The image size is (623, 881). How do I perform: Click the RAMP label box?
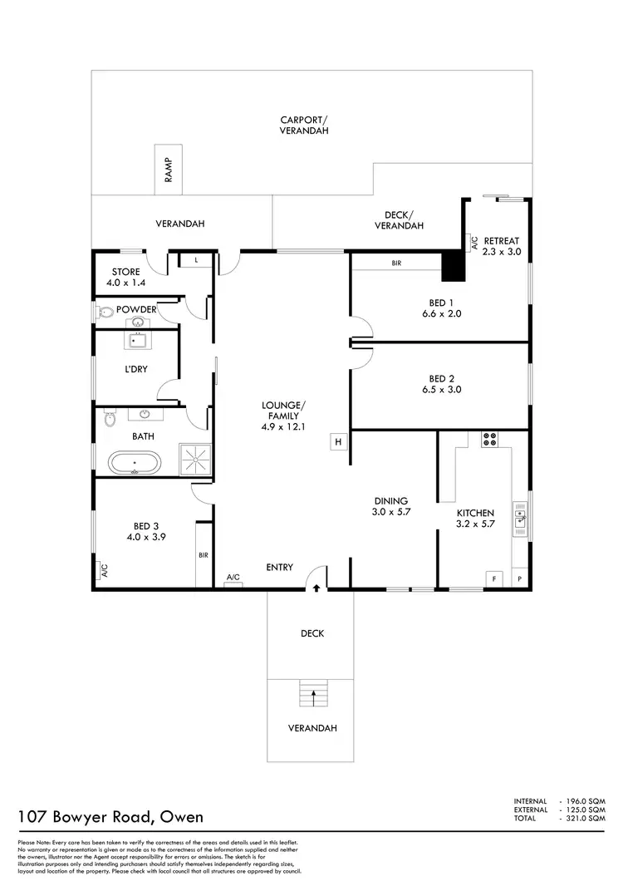(x=168, y=170)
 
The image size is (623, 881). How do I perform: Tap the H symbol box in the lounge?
(x=338, y=441)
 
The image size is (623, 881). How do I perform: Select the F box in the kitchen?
(x=493, y=578)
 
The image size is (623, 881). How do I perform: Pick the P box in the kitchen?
(x=520, y=578)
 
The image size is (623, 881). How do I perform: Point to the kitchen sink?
(x=520, y=519)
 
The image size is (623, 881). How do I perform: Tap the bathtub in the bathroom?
(x=134, y=462)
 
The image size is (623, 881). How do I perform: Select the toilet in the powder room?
(x=104, y=313)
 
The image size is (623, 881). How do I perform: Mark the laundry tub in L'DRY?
(x=136, y=341)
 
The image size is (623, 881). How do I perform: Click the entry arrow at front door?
(x=316, y=588)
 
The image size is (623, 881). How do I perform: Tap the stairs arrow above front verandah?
(x=313, y=692)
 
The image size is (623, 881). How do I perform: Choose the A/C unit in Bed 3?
(x=104, y=571)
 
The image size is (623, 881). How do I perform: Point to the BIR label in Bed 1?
(x=397, y=263)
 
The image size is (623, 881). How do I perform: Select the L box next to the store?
(x=196, y=260)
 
